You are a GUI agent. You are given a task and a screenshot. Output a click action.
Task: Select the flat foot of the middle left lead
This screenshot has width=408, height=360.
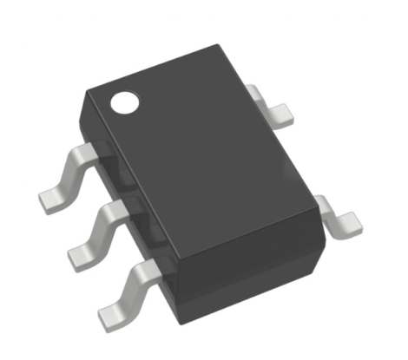coord(84,252)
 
